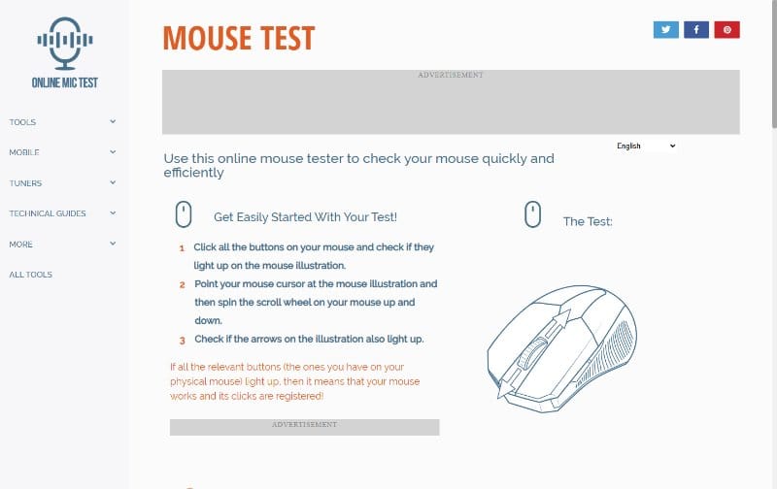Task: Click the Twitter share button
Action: pos(665,30)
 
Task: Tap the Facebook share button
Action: pos(696,30)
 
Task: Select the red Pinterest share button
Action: pos(726,30)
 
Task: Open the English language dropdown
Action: pos(646,146)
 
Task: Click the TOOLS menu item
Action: pos(22,122)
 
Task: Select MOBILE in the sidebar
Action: pos(23,152)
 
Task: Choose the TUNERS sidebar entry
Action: pos(25,183)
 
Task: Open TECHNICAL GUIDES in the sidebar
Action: pos(47,213)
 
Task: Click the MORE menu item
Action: pos(20,244)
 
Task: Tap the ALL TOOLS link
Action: pos(30,275)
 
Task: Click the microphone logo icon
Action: pos(65,43)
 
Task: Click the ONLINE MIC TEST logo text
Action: pos(65,82)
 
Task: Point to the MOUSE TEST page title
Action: pos(239,38)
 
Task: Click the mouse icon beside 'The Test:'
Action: pos(532,214)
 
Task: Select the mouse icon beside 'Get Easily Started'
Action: pos(184,214)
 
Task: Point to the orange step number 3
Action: pos(183,341)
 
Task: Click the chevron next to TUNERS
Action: pos(113,182)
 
